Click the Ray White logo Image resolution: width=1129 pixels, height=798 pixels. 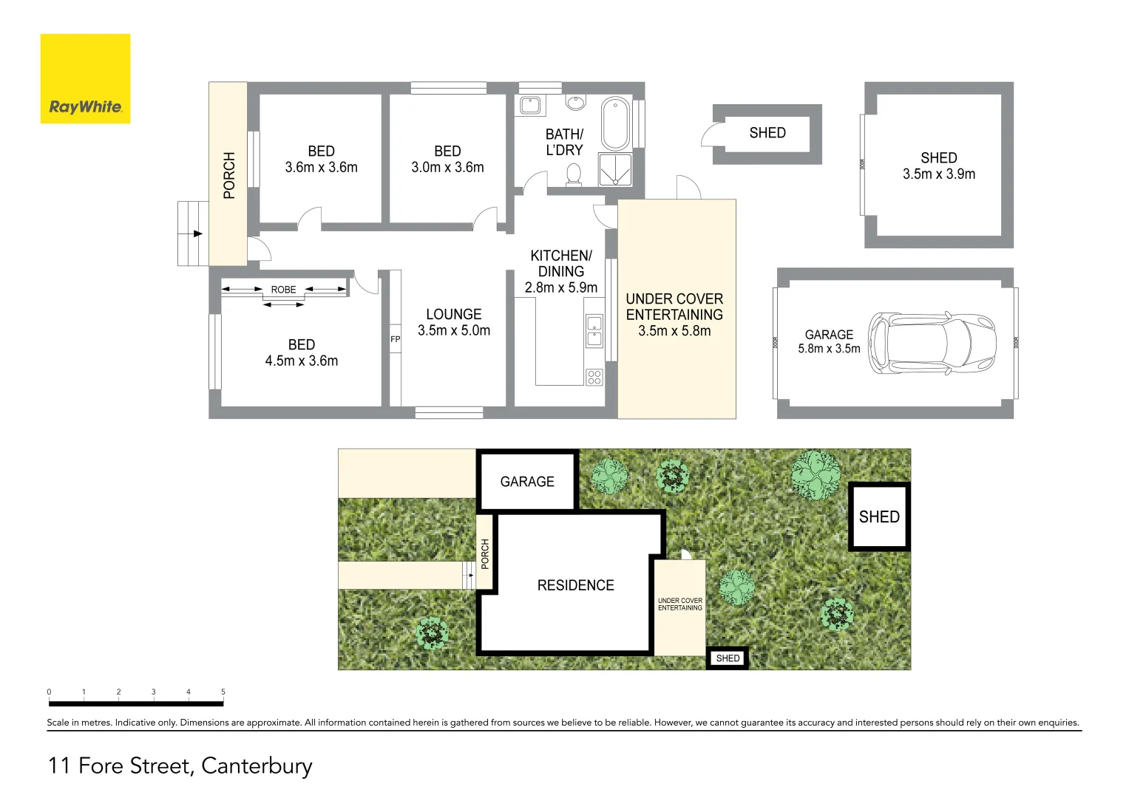pos(85,79)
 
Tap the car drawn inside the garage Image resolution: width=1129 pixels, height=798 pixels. pos(932,343)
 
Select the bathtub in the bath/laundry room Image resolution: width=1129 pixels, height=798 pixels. pos(615,123)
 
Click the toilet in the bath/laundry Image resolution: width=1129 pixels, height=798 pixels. pos(574,174)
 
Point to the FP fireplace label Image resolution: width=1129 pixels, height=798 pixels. pos(395,339)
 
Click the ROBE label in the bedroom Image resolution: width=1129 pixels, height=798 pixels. pos(283,290)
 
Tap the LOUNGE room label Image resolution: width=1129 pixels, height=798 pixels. pos(453,314)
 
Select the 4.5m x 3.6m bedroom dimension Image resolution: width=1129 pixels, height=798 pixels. pos(302,361)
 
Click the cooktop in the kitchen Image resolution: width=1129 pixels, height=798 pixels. pos(594,378)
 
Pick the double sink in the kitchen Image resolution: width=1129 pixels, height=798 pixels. pos(594,331)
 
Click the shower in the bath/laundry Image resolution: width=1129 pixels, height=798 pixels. pos(614,170)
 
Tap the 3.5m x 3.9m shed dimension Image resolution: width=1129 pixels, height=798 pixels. pos(938,174)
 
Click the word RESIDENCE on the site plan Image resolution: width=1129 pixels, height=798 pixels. pos(575,585)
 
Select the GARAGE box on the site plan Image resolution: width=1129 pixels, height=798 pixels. pos(527,481)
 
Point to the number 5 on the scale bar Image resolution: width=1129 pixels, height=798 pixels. pos(223,692)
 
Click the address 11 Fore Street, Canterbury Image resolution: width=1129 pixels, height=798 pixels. pos(180,765)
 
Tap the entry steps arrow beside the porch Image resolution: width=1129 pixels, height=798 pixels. pos(197,233)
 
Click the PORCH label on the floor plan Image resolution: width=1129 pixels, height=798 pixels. pos(229,175)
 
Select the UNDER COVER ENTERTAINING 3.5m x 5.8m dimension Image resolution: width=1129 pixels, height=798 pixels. pos(674,331)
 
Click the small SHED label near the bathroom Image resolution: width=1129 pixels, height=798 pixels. pos(767,133)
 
